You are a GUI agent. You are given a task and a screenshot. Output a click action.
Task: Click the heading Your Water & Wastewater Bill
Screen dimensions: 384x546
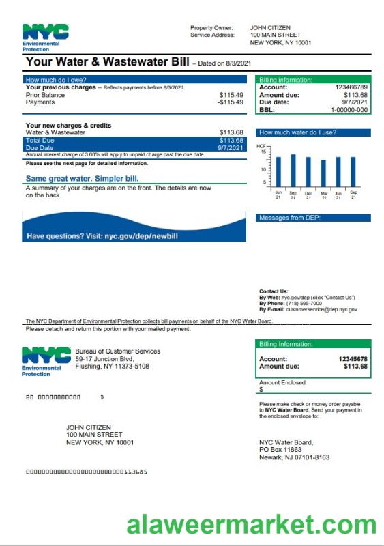click(x=108, y=62)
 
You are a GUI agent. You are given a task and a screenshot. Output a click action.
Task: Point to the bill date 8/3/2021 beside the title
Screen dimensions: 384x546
click(x=239, y=63)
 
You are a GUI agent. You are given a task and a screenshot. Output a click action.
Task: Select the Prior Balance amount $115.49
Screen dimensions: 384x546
click(x=231, y=95)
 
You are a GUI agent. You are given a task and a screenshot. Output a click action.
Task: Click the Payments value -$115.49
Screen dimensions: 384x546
click(x=230, y=102)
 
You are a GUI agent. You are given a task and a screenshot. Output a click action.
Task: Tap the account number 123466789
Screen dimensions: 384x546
click(x=351, y=87)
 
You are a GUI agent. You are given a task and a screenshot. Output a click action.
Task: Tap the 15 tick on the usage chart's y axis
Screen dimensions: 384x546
click(x=263, y=152)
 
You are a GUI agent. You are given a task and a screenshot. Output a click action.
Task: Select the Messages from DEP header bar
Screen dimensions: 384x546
click(x=314, y=218)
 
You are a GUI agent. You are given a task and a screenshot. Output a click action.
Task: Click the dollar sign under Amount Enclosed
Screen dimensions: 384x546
click(x=261, y=390)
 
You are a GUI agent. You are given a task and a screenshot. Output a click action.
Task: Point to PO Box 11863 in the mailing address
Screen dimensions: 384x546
click(x=280, y=450)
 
